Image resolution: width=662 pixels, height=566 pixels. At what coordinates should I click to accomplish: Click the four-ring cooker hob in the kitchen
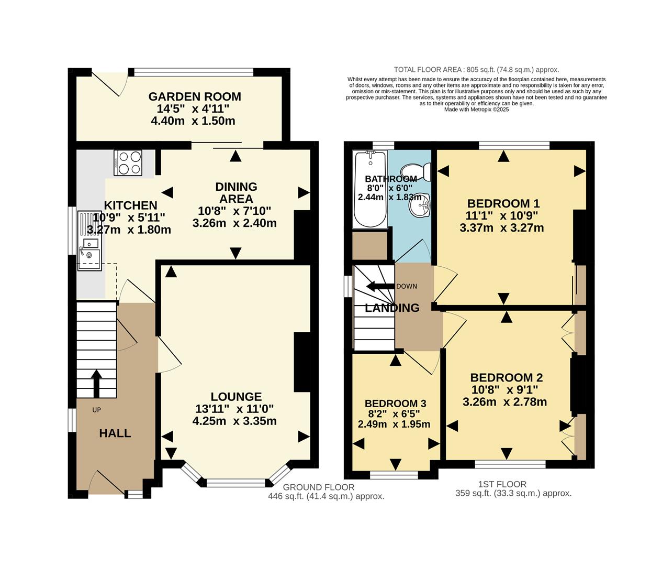128,162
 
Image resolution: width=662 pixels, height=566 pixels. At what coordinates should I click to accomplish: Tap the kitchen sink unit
90,241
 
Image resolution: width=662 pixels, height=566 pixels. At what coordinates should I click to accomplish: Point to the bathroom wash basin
420,205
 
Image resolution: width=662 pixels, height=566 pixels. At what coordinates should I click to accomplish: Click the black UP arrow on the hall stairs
96,384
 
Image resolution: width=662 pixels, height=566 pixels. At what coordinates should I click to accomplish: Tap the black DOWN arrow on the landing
379,287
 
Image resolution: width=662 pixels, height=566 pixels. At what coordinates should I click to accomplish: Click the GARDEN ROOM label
195,96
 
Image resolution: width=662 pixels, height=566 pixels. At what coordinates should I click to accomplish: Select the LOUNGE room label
236,397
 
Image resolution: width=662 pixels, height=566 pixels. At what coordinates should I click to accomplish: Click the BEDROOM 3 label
395,403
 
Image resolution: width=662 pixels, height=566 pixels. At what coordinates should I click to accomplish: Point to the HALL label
115,433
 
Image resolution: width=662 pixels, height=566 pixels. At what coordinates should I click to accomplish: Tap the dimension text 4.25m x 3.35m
234,421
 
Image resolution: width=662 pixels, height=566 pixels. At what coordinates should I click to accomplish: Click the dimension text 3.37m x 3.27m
501,227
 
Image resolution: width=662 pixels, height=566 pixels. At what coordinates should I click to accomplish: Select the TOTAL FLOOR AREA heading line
476,70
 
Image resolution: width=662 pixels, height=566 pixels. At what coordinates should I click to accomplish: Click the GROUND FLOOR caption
319,487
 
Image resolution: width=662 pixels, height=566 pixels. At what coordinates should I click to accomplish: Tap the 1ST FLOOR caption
502,484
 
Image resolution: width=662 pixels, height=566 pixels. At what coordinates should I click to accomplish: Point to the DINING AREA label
236,192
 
